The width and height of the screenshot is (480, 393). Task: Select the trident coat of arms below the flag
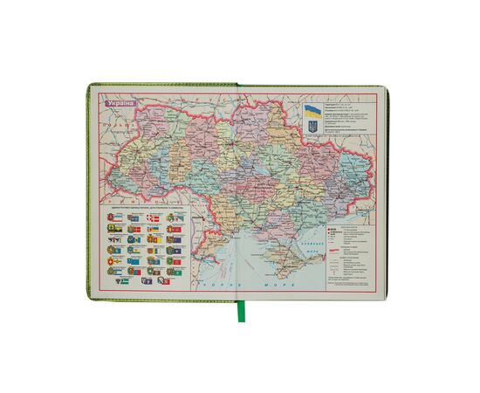(x=312, y=128)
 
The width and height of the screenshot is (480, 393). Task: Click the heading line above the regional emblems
(x=145, y=209)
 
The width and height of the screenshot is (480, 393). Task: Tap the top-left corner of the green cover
(x=89, y=85)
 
